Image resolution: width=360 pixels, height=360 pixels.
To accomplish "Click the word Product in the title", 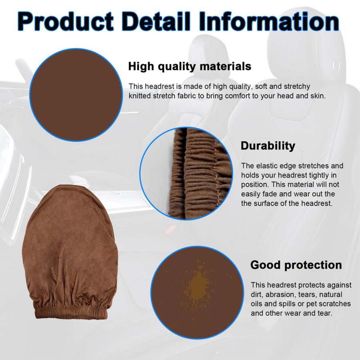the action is pyautogui.click(x=66, y=21).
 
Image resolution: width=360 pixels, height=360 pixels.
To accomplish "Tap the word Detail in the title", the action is pyautogui.click(x=156, y=21).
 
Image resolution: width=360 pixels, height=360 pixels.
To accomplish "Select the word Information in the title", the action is pyautogui.click(x=269, y=21).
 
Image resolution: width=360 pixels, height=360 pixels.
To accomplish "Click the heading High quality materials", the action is pyautogui.click(x=190, y=66).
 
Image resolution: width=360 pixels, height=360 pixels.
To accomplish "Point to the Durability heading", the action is pyautogui.click(x=268, y=146).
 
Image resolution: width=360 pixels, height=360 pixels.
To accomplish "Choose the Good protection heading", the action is pyautogui.click(x=296, y=265).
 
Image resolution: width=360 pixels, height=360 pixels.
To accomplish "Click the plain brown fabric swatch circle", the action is pyautogui.click(x=76, y=95).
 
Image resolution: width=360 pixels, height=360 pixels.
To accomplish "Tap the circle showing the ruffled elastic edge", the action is pyautogui.click(x=186, y=174).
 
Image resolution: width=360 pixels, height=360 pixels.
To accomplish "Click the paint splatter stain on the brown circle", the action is pyautogui.click(x=197, y=286).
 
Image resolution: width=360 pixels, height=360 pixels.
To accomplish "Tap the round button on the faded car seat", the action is pyautogui.click(x=336, y=66).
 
